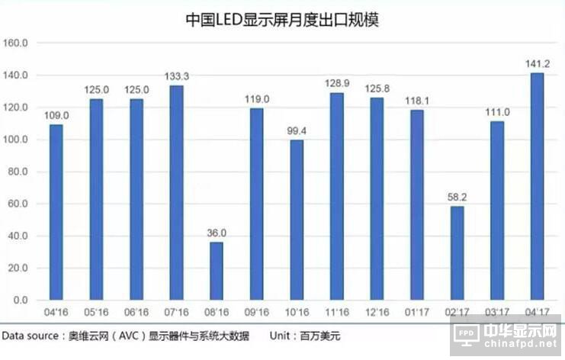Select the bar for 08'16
coord(217,271)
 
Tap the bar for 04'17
coord(537,186)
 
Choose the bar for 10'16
coord(297,220)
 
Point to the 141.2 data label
coord(537,64)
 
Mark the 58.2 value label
coord(457,198)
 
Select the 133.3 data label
coord(176,77)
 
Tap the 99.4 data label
coord(297,131)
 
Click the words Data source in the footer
coord(31,335)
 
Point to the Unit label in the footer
coord(284,335)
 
